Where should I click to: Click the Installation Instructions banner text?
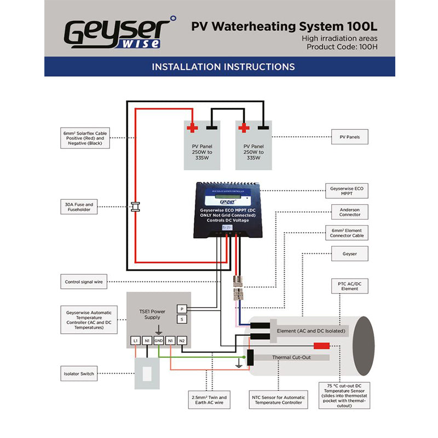coord(223,67)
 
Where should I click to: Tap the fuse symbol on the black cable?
coord(137,207)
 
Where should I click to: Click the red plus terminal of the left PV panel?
coord(192,128)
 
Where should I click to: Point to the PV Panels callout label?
coord(350,137)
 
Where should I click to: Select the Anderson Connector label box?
coord(350,212)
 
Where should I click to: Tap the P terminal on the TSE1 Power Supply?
coord(182,309)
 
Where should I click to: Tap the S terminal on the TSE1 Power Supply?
coord(182,319)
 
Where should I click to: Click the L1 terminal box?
coord(135,341)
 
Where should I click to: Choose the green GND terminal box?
coord(159,341)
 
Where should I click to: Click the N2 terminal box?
coord(182,341)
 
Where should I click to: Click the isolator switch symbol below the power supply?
coord(146,373)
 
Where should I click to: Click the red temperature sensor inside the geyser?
coord(321,346)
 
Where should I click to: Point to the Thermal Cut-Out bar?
coord(291,357)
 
